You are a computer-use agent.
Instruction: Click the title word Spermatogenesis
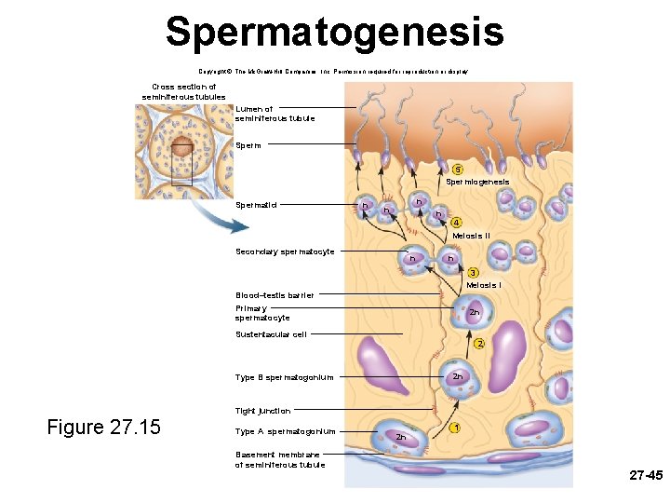pyautogui.click(x=335, y=32)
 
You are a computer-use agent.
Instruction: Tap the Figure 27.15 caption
pyautogui.click(x=103, y=428)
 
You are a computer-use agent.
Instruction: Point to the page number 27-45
pyautogui.click(x=645, y=475)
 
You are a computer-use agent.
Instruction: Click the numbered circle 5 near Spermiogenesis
pyautogui.click(x=457, y=169)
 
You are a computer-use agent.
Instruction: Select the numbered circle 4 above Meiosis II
pyautogui.click(x=456, y=223)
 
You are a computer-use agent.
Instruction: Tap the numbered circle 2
pyautogui.click(x=479, y=344)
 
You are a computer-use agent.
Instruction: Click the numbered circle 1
pyautogui.click(x=455, y=428)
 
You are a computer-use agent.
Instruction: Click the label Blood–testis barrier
pyautogui.click(x=275, y=295)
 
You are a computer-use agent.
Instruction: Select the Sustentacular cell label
pyautogui.click(x=271, y=334)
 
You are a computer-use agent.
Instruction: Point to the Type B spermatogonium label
pyautogui.click(x=284, y=377)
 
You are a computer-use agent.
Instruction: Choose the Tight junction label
pyautogui.click(x=262, y=411)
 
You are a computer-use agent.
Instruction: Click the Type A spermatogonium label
pyautogui.click(x=285, y=431)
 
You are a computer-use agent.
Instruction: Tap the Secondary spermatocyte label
pyautogui.click(x=285, y=251)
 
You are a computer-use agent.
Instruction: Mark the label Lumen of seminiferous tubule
pyautogui.click(x=275, y=114)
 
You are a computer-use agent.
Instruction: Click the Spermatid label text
pyautogui.click(x=256, y=205)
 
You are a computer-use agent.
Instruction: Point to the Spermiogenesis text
pyautogui.click(x=476, y=182)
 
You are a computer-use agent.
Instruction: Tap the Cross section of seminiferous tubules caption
pyautogui.click(x=183, y=91)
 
